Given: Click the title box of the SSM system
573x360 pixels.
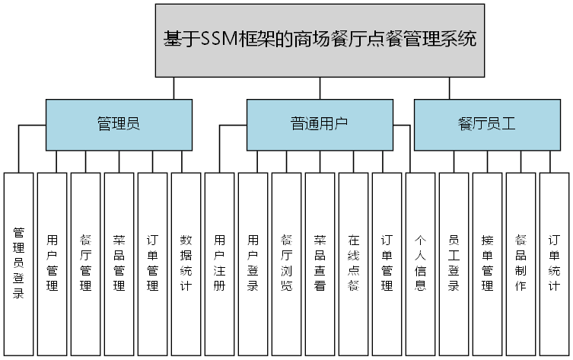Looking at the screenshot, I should tap(320, 40).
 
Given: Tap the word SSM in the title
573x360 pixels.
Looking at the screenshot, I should tap(221, 40).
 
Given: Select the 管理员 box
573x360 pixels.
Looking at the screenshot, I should tap(118, 124).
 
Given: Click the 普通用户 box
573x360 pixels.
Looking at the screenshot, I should tap(320, 124).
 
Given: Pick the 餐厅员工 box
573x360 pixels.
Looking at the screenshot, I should tap(487, 124).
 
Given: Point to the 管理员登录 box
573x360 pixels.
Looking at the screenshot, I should tap(19, 263).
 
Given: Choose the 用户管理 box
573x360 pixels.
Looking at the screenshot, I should tap(53, 263).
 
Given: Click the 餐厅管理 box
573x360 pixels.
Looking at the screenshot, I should tap(86, 263).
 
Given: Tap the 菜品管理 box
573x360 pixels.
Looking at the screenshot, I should tap(119, 263).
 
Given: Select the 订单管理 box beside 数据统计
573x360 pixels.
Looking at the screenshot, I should tap(153, 263).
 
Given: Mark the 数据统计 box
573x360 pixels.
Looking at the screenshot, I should tap(186, 263).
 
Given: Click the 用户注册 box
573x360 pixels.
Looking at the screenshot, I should tap(220, 263).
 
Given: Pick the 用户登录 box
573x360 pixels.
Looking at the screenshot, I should tap(253, 263).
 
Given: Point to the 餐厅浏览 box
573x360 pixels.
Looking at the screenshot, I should tap(287, 263).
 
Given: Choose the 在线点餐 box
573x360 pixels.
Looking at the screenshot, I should tap(354, 263).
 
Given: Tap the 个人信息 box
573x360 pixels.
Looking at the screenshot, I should tap(421, 263).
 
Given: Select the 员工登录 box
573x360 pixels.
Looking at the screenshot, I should tap(454, 263).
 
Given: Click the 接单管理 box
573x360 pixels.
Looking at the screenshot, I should tap(488, 263).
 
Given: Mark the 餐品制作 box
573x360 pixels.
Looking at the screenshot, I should tap(521, 263).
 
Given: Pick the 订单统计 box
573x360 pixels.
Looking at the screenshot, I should tap(555, 263).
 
